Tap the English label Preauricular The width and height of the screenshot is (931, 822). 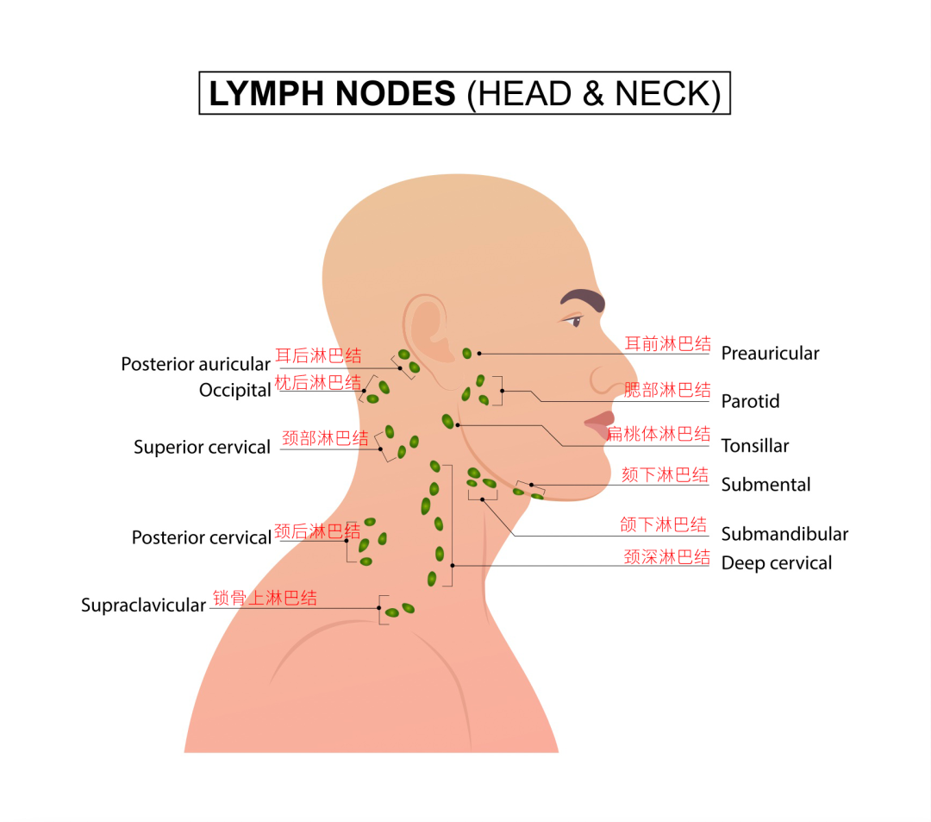click(770, 354)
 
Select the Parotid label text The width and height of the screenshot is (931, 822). click(751, 401)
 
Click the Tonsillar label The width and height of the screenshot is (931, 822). click(755, 445)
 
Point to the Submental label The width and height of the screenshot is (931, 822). click(766, 485)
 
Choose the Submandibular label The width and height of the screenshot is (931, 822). click(785, 534)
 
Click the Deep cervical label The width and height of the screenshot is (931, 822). click(777, 563)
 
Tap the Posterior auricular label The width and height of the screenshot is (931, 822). click(196, 364)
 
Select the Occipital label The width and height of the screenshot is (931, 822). click(235, 390)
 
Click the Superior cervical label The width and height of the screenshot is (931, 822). click(202, 447)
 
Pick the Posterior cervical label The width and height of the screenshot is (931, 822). click(202, 537)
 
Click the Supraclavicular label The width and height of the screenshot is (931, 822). click(144, 606)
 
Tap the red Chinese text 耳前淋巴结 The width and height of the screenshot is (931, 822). click(668, 344)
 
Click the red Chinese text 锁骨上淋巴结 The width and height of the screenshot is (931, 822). click(265, 598)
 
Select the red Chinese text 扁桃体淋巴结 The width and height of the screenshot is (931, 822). click(659, 434)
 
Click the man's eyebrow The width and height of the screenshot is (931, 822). click(583, 298)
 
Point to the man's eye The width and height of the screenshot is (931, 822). click(574, 322)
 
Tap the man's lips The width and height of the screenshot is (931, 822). click(600, 424)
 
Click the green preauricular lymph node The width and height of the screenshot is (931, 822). click(466, 354)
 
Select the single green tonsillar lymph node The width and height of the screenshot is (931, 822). click(447, 421)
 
